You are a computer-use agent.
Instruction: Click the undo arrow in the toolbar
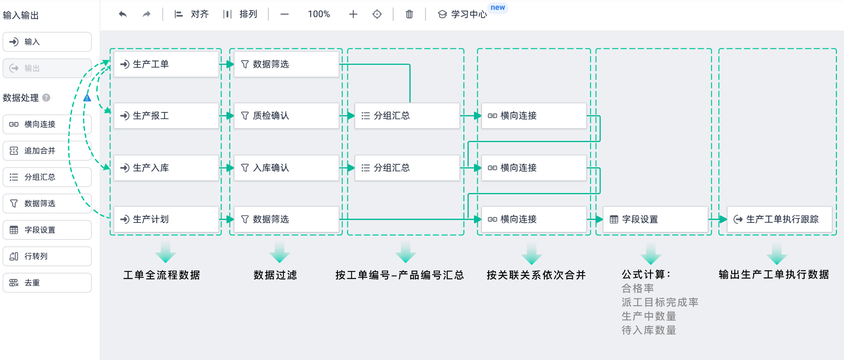[x=123, y=14]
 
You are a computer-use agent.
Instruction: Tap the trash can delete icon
[x=409, y=14]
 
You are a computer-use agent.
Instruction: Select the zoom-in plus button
[x=353, y=14]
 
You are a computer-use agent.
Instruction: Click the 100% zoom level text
[x=319, y=14]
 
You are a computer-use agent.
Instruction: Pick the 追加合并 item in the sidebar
[x=47, y=151]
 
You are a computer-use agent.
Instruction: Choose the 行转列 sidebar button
[x=47, y=256]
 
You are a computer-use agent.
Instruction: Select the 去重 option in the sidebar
[x=47, y=283]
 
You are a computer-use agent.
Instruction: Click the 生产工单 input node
[x=166, y=64]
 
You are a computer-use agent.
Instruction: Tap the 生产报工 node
[x=166, y=116]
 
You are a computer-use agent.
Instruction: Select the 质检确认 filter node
[x=286, y=116]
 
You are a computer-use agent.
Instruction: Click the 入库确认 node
[x=286, y=168]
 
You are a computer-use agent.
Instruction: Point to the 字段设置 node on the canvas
[x=655, y=220]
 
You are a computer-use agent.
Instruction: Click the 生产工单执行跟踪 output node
[x=779, y=220]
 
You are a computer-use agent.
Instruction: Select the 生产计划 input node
[x=166, y=220]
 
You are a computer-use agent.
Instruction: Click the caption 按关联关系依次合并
[x=536, y=275]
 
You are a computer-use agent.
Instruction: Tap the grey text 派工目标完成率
[x=660, y=302]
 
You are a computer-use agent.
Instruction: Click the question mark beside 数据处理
[x=46, y=98]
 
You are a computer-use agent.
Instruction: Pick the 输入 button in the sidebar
[x=47, y=42]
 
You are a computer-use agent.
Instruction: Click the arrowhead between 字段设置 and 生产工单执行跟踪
[x=723, y=220]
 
